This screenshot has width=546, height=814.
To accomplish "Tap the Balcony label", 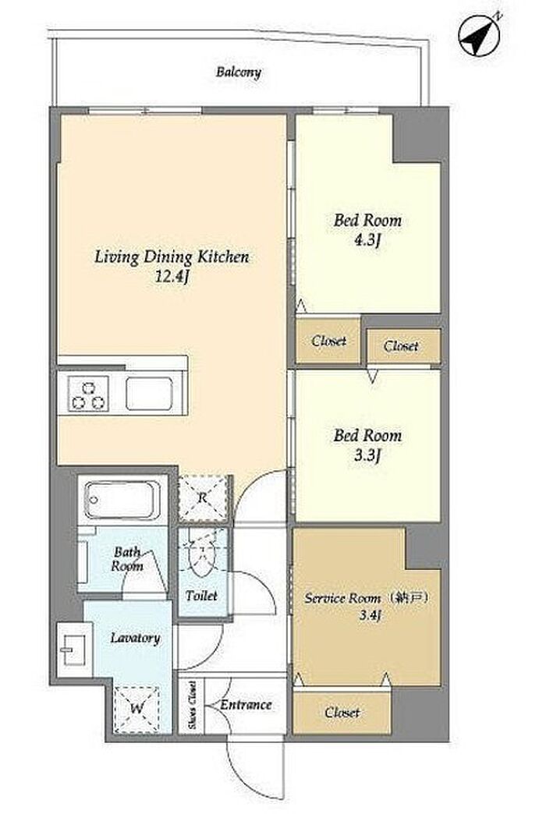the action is tap(239, 72).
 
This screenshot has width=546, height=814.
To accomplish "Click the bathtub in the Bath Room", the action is tap(122, 500).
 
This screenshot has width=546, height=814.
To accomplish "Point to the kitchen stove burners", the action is tap(89, 394).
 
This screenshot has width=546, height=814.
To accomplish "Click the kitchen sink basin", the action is tap(149, 394).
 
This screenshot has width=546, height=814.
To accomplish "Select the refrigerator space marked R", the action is tap(203, 498).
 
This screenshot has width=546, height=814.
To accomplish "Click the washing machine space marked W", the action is tap(136, 709).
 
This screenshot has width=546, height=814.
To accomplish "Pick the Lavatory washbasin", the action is tap(74, 649).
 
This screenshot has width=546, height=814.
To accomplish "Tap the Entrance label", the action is tap(246, 705).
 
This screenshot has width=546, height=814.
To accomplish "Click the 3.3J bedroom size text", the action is tap(368, 456).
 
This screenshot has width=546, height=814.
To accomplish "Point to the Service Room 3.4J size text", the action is tap(370, 616).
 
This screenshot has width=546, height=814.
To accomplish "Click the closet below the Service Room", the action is tap(342, 713).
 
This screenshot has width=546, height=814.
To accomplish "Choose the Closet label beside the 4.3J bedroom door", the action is tap(328, 341).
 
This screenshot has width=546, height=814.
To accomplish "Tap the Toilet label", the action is tap(201, 596).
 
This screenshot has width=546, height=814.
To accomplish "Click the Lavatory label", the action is tap(135, 638).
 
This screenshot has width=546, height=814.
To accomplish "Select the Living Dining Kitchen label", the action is tap(172, 257).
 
